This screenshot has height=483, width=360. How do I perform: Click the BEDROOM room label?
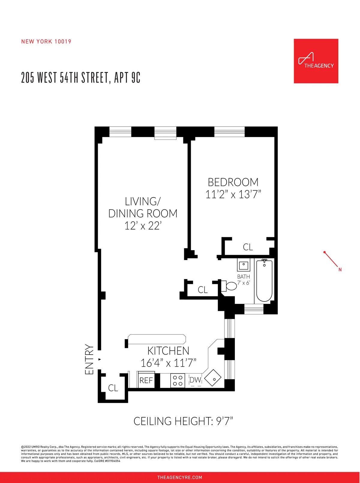(x=233, y=182)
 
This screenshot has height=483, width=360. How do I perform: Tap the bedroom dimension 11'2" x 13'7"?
(x=233, y=194)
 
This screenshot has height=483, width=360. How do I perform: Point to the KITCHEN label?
(x=168, y=351)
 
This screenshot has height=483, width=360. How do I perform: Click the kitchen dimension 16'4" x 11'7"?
(x=168, y=363)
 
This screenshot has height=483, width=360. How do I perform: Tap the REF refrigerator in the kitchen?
(x=146, y=380)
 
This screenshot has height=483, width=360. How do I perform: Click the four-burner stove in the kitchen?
(x=178, y=381)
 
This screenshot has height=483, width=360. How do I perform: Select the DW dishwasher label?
(x=195, y=380)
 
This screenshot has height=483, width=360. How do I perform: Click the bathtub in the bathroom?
(x=264, y=280)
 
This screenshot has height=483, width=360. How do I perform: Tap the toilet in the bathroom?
(x=229, y=286)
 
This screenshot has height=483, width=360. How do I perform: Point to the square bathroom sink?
(x=243, y=265)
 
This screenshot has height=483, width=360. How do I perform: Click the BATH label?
(x=243, y=277)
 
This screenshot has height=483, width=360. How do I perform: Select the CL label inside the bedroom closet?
(x=248, y=247)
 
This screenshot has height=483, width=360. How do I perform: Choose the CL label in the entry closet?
(x=113, y=388)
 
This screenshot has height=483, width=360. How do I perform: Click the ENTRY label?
(x=89, y=359)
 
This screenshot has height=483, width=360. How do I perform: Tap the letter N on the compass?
(x=340, y=270)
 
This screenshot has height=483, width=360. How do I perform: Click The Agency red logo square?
(x=316, y=61)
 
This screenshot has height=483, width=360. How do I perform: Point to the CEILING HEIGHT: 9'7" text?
(x=183, y=421)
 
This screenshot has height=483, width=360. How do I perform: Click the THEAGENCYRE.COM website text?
(x=180, y=477)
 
